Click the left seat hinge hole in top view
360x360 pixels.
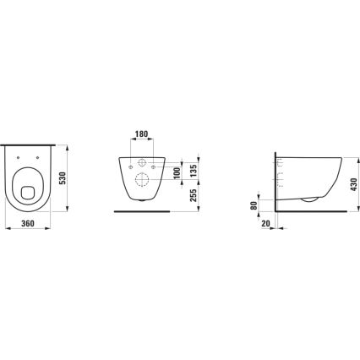[x=19, y=158]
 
